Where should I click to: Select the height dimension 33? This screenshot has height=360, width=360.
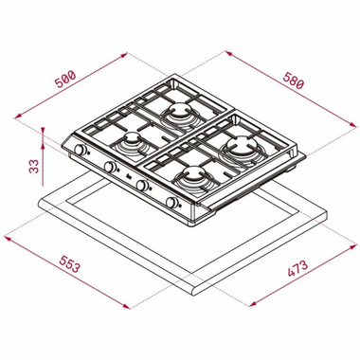32,167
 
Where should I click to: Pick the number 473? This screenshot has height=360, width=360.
296,271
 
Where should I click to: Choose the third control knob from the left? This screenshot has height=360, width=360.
144,186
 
